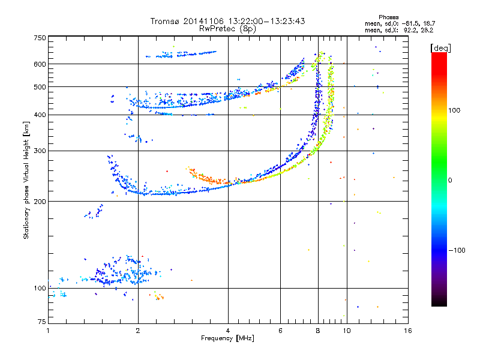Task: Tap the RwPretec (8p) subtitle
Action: pos(227,29)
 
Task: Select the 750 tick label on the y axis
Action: pos(40,38)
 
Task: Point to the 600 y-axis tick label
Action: pos(40,64)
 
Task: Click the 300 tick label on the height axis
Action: pos(40,151)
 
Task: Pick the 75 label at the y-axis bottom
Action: pos(42,322)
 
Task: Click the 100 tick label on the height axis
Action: pos(40,288)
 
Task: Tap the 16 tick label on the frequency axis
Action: pos(408,331)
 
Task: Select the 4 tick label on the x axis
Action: pos(228,331)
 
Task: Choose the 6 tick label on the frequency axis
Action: pos(280,331)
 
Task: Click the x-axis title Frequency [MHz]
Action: pos(227,338)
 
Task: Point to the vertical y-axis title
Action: pos(26,180)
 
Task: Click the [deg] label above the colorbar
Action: pos(441,48)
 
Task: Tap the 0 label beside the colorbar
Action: pos(450,180)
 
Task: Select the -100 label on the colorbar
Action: pos(457,250)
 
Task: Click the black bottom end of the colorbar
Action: pos(439,304)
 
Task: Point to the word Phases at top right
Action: pos(388,17)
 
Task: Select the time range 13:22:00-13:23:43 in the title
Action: pos(266,21)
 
